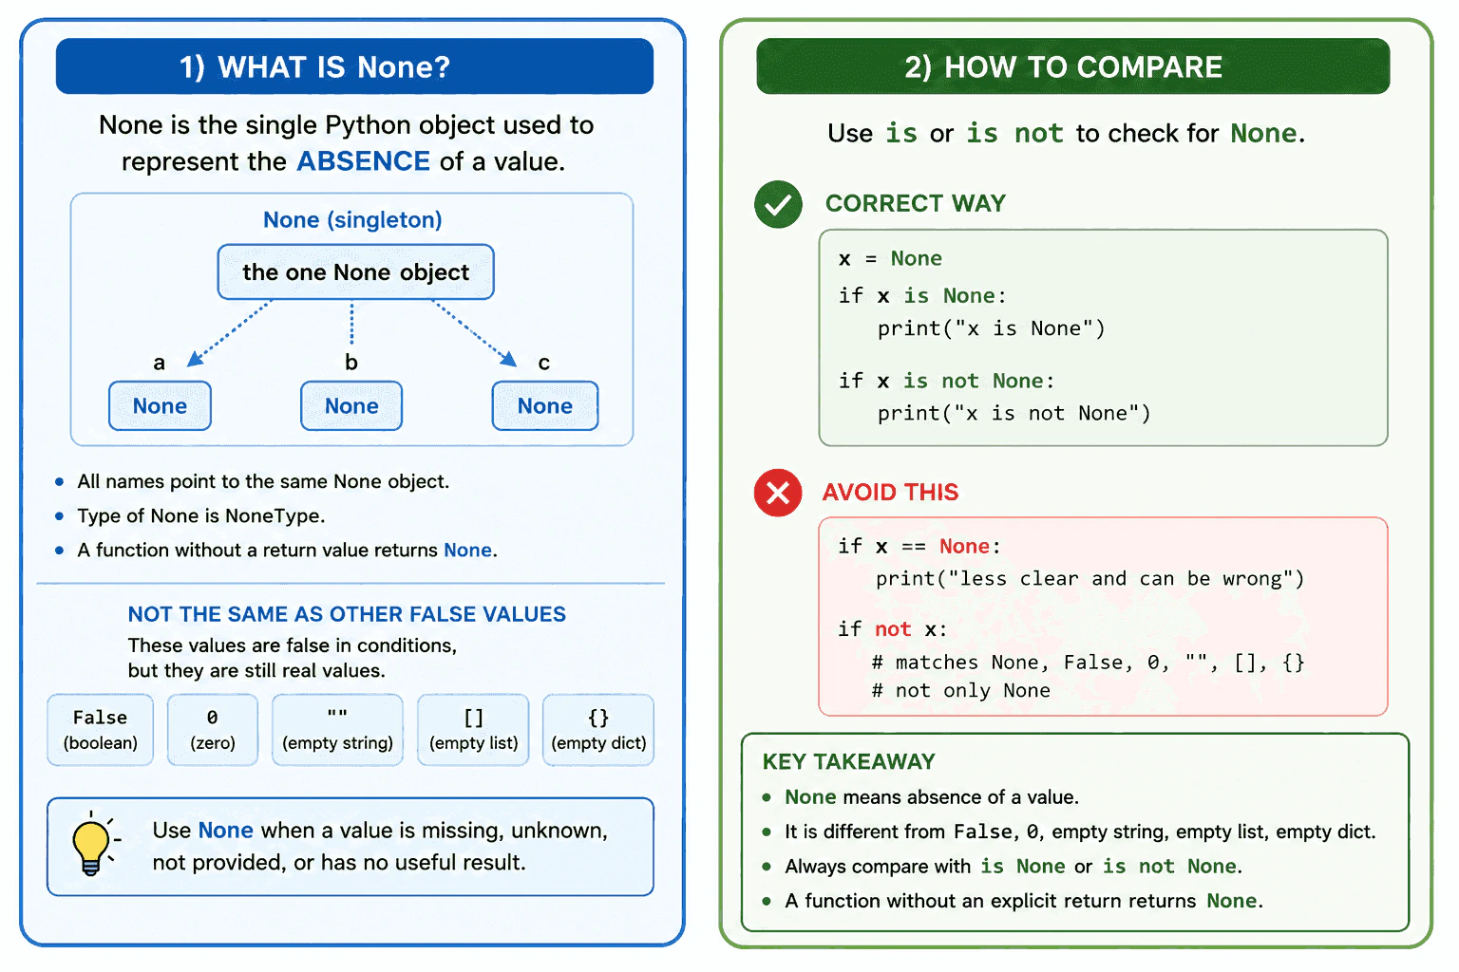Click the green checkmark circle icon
(778, 204)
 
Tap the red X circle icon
(778, 493)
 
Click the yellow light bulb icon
(92, 844)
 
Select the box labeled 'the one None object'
(355, 272)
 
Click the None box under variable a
(160, 405)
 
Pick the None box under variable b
(351, 405)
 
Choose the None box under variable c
(545, 405)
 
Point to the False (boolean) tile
(101, 730)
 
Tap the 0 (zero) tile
(213, 730)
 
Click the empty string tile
(337, 730)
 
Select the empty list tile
(474, 730)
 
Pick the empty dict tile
(598, 730)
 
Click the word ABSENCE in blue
(364, 161)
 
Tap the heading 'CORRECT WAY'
(915, 204)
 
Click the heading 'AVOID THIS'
(890, 493)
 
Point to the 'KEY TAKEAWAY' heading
(848, 761)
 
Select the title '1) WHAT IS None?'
(314, 67)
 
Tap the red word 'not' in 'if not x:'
(892, 629)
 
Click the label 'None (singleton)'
(352, 220)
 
